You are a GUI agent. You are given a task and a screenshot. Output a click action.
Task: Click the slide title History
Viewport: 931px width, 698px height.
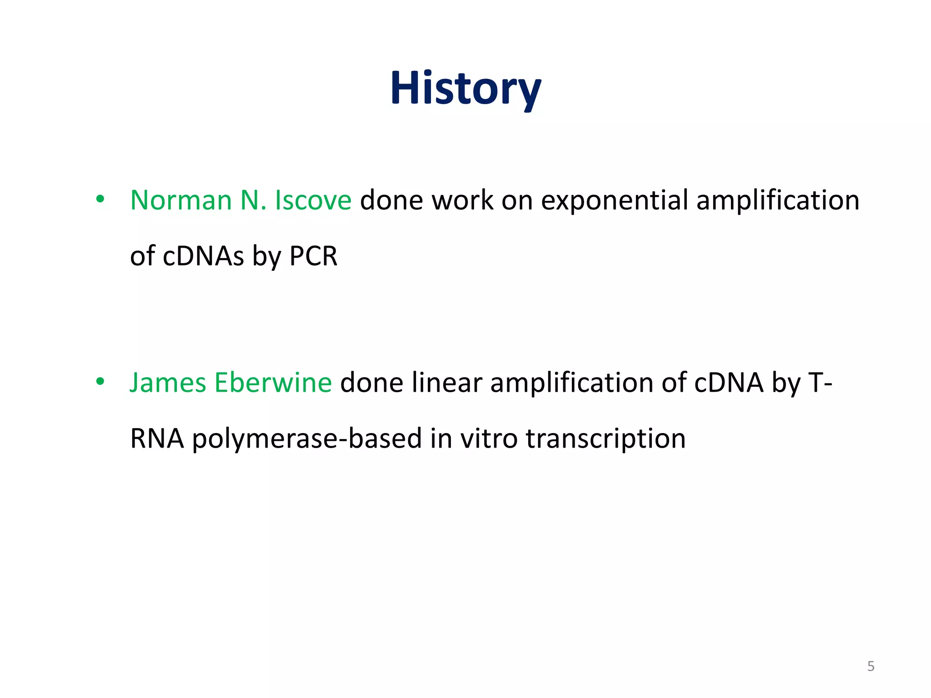pos(465,89)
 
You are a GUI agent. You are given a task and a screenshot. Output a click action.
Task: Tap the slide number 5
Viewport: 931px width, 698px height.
pos(871,666)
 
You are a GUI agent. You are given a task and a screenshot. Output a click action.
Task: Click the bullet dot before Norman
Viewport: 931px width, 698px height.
pos(100,199)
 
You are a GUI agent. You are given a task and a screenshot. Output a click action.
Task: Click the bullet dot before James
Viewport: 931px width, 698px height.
pos(100,382)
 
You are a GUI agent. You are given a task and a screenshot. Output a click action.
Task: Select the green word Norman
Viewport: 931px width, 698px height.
pos(181,200)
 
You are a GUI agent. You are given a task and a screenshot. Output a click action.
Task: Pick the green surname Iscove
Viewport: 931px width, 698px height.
pos(313,200)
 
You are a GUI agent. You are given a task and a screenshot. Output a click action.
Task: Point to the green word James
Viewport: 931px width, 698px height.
pos(168,383)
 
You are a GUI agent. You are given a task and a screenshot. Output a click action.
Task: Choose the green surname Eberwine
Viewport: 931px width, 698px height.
pos(273,383)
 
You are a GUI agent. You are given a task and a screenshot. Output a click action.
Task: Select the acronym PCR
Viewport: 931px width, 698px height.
pos(313,256)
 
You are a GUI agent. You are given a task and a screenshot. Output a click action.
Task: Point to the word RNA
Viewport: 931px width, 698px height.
pos(157,439)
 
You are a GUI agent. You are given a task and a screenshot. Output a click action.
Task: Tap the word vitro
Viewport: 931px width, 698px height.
pos(489,439)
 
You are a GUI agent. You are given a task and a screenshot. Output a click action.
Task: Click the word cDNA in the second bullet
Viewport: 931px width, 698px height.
pos(729,383)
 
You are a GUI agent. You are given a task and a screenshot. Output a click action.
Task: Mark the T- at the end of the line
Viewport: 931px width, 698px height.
pos(820,383)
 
